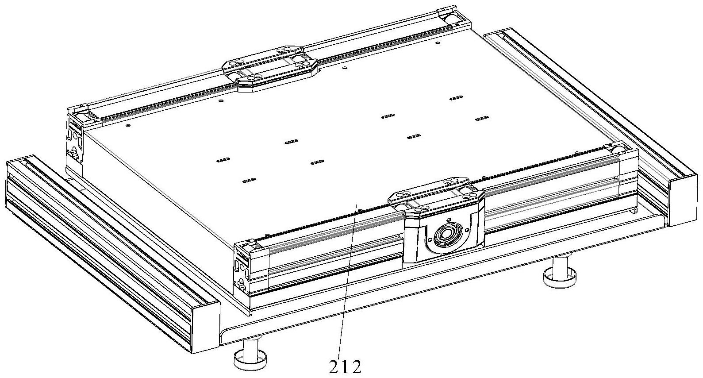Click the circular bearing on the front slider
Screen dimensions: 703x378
(x=446, y=234)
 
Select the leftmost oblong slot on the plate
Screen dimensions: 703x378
(x=223, y=160)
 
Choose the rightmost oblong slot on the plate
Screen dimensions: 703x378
(x=482, y=118)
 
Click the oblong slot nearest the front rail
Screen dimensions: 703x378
(x=250, y=180)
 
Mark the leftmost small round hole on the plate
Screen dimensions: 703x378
(x=128, y=125)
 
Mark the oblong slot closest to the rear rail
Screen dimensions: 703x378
(x=456, y=98)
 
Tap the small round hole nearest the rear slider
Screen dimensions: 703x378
(x=345, y=67)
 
